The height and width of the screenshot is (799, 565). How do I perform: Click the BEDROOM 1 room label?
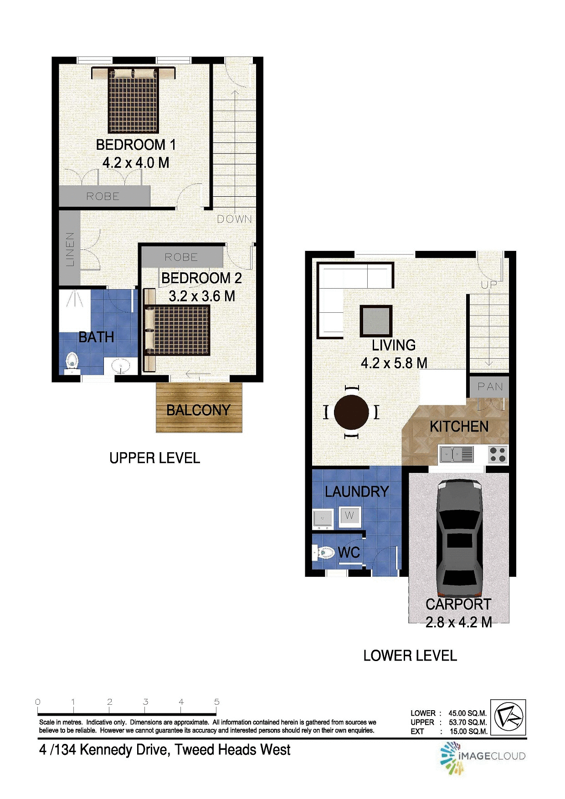[x=135, y=145]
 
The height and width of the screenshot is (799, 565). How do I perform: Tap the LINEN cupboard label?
[x=70, y=249]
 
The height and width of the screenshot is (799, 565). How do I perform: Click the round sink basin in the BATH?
[x=121, y=366]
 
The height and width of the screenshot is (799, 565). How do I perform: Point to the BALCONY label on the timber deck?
[x=198, y=410]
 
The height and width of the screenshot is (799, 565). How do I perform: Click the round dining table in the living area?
[x=351, y=412]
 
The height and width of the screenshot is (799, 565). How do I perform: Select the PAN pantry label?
[x=490, y=387]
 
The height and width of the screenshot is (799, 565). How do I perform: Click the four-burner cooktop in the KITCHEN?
[x=497, y=454]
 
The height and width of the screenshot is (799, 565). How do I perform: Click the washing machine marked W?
[x=349, y=516]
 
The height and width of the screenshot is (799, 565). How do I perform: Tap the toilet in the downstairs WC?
[x=324, y=553]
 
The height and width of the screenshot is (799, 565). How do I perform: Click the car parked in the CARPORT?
[x=459, y=539]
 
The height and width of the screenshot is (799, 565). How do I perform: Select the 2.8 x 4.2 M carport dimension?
[x=458, y=622]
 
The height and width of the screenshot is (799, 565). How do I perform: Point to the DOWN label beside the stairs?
[x=234, y=219]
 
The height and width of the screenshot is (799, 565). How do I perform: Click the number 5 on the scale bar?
[x=217, y=702]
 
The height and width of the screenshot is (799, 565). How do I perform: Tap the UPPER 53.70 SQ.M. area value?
[x=467, y=722]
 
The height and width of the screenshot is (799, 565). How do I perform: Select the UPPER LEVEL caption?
[x=154, y=458]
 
